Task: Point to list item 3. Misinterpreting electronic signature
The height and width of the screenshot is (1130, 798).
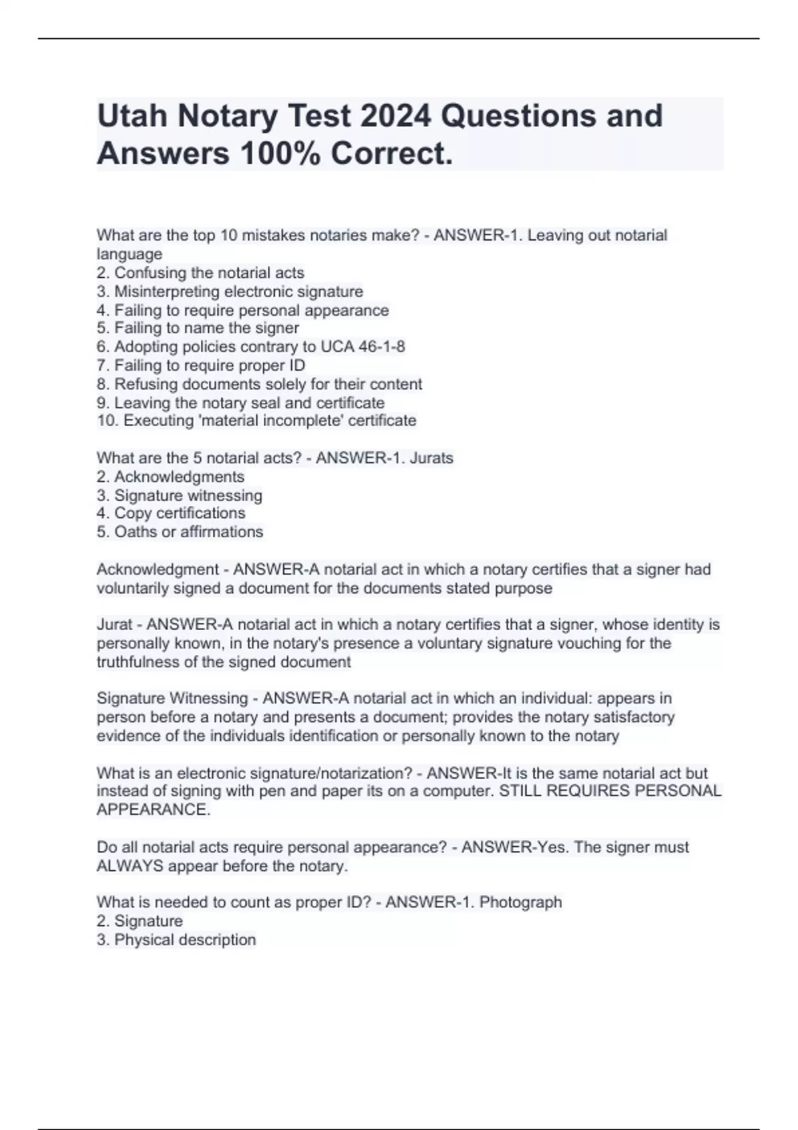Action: click(230, 291)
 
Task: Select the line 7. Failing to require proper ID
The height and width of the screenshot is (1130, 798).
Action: click(201, 365)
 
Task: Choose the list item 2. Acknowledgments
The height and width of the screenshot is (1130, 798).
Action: click(170, 477)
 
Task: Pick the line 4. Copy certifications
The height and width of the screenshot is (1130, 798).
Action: click(171, 513)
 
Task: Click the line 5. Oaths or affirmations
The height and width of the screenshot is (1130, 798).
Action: click(180, 532)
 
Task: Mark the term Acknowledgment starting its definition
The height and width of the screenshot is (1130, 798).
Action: click(158, 570)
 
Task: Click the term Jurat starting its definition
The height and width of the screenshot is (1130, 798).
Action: click(114, 625)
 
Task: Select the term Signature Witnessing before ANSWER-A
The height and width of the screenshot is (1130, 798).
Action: click(172, 699)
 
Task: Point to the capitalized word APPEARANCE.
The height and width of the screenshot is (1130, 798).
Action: click(153, 810)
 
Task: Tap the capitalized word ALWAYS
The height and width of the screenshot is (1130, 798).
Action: click(130, 866)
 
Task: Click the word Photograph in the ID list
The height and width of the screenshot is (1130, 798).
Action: click(521, 902)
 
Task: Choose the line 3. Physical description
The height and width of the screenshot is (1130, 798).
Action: click(176, 939)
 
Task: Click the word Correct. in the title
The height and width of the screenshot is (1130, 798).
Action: click(392, 154)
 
